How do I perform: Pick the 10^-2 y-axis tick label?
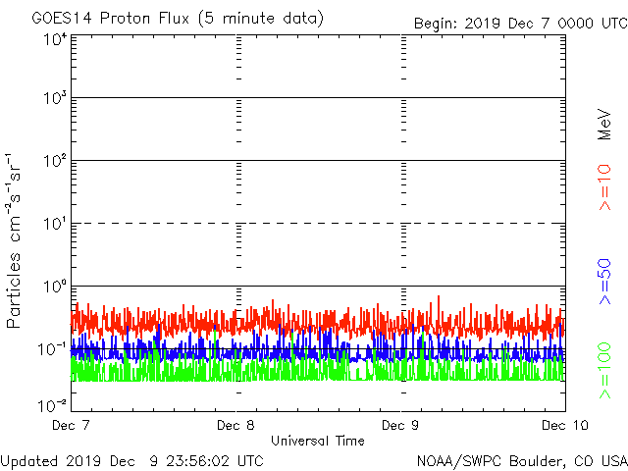pyautogui.click(x=53, y=404)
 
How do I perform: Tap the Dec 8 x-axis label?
pyautogui.click(x=236, y=426)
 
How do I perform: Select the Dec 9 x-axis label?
pyautogui.click(x=401, y=426)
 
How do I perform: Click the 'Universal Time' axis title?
pyautogui.click(x=318, y=441)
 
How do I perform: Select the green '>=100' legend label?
pyautogui.click(x=605, y=370)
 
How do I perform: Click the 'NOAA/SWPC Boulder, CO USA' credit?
pyautogui.click(x=521, y=460)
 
